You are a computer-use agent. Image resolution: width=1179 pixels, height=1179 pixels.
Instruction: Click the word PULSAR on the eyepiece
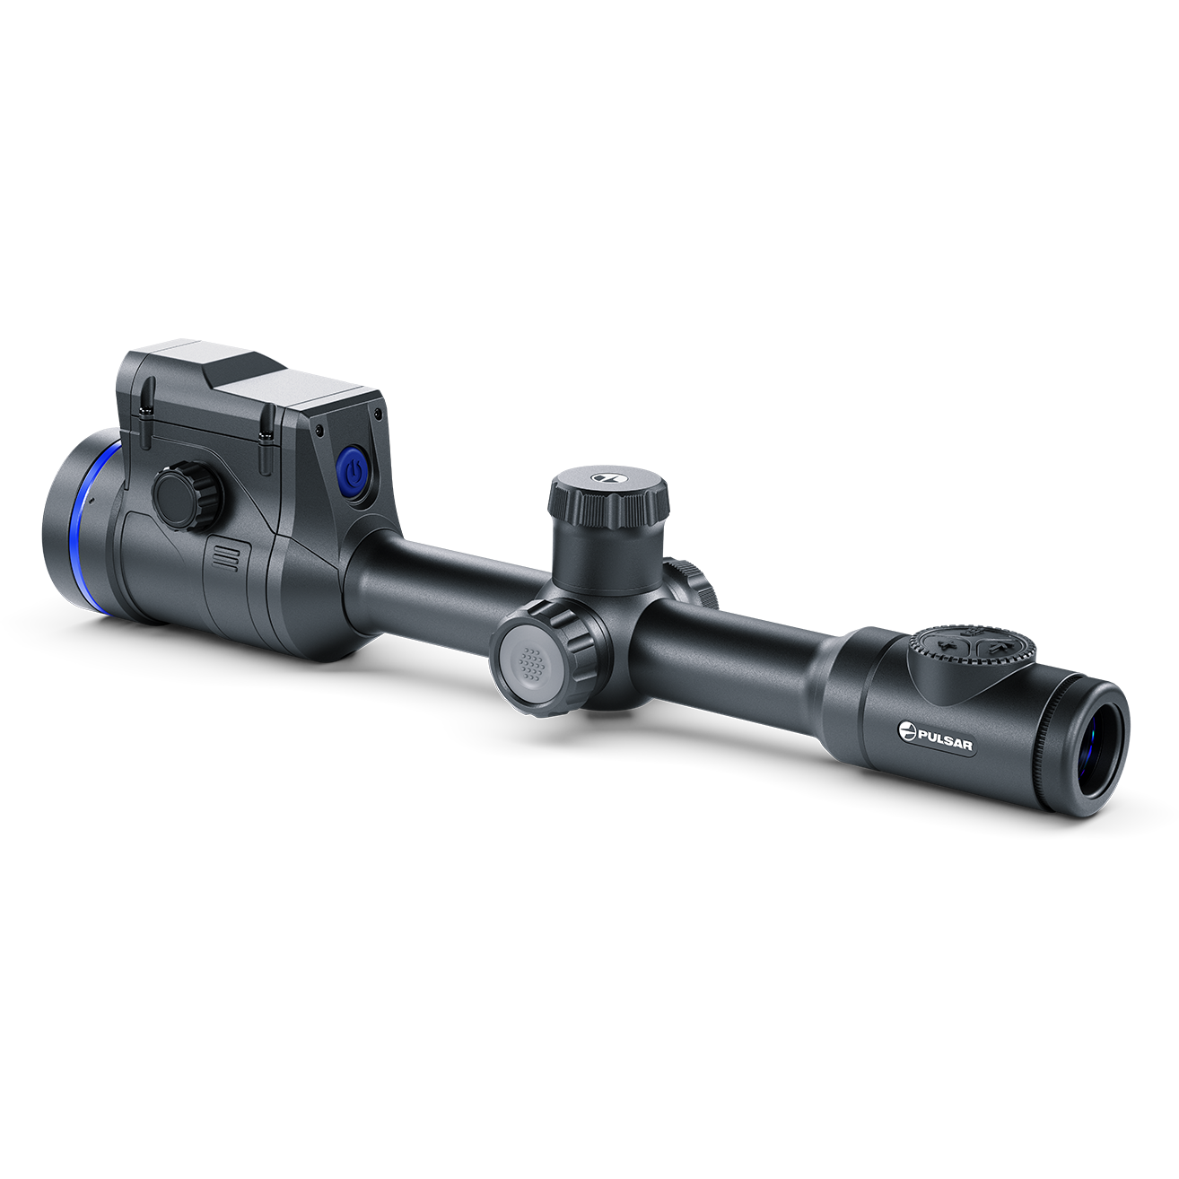(x=945, y=737)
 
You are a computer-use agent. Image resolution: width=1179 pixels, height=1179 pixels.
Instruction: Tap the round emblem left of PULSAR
(x=907, y=729)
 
